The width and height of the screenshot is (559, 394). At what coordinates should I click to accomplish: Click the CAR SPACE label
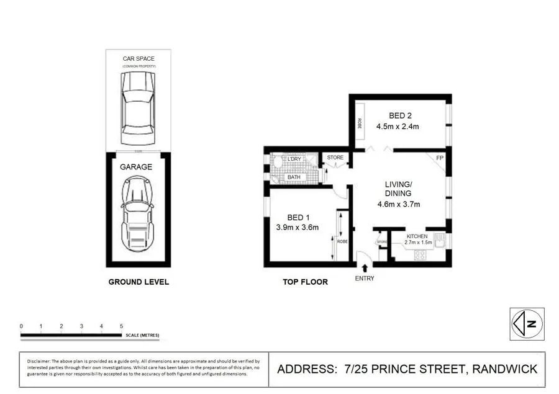[138, 59]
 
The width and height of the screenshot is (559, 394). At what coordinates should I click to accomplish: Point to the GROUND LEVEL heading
[139, 282]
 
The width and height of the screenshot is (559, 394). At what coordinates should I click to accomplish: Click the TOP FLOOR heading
[305, 282]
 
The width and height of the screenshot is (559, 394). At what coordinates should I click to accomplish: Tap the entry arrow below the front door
[363, 269]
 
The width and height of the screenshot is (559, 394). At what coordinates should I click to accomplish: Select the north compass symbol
[527, 323]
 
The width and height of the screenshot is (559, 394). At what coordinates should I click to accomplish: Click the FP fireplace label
[440, 158]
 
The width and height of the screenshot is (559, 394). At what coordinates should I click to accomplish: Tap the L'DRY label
[294, 160]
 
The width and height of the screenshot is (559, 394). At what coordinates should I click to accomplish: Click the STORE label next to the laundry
[335, 158]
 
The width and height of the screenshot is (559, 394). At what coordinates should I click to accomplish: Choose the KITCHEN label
[417, 237]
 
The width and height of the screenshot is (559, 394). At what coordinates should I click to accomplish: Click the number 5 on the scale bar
[121, 326]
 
